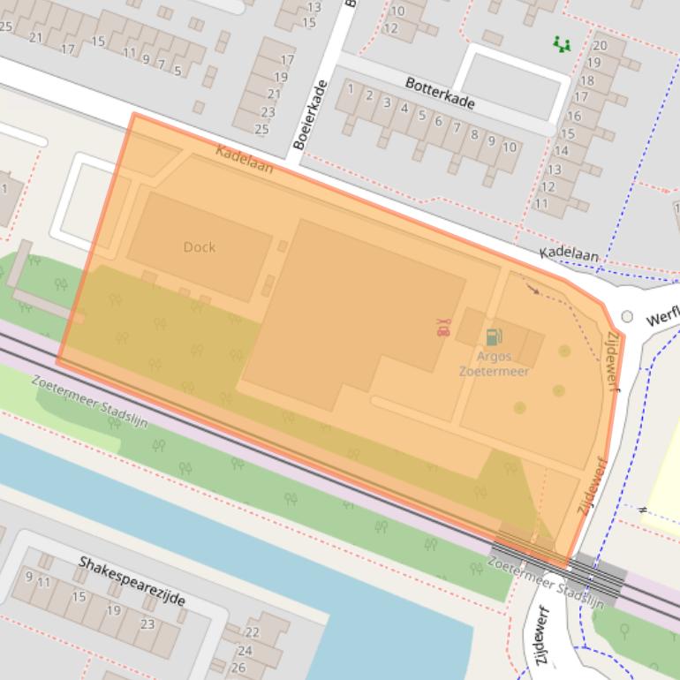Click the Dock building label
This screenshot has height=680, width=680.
coord(199,247)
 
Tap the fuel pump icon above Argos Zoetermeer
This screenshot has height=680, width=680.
coord(494,336)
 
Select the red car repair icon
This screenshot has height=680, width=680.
coord(442,328)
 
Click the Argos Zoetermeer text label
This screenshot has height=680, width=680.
coord(494,364)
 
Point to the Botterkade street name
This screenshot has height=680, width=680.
coord(440,93)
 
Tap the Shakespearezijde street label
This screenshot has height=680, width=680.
coord(132,580)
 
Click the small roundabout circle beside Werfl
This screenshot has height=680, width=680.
coord(627,316)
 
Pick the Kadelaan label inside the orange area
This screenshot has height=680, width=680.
coord(244,158)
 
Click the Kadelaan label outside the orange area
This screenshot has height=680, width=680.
coord(569,255)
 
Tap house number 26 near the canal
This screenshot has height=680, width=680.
coord(239,667)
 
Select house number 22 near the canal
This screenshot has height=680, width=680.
coord(252,632)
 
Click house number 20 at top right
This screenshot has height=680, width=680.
coord(601,46)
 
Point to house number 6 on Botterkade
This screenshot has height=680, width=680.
coord(439,122)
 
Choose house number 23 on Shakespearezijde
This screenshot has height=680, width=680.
coord(147,624)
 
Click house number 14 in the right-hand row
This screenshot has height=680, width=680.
coord(560,151)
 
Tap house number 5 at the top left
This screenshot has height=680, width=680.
coord(178,71)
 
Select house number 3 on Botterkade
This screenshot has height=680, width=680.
coord(387,102)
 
